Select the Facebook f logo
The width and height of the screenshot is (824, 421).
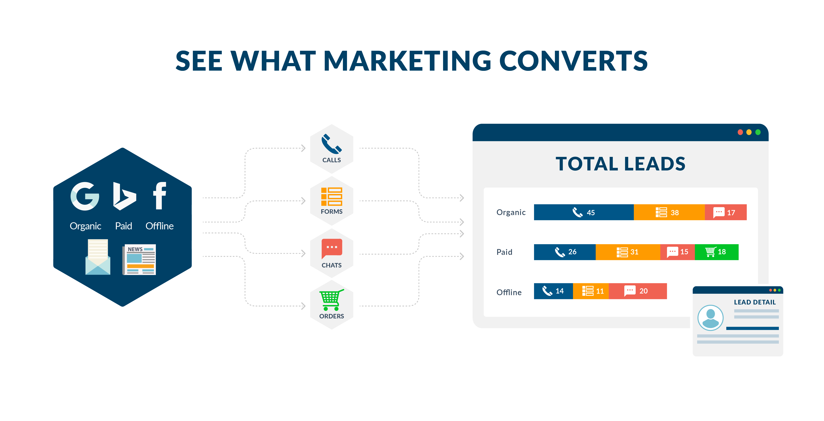pyautogui.click(x=160, y=195)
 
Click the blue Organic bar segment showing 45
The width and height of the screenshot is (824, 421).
pyautogui.click(x=584, y=212)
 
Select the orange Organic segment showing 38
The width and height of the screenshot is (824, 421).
pyautogui.click(x=669, y=212)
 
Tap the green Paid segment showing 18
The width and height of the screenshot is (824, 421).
pyautogui.click(x=716, y=252)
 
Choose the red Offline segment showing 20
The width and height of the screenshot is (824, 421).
pyautogui.click(x=638, y=291)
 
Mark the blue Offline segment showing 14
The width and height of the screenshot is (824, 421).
pyautogui.click(x=553, y=291)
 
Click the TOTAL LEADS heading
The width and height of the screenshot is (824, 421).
pyautogui.click(x=621, y=164)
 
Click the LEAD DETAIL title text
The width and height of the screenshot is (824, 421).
pyautogui.click(x=755, y=302)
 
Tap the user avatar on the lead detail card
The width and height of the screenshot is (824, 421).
pyautogui.click(x=711, y=318)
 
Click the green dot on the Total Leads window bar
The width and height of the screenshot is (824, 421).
pyautogui.click(x=758, y=132)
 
